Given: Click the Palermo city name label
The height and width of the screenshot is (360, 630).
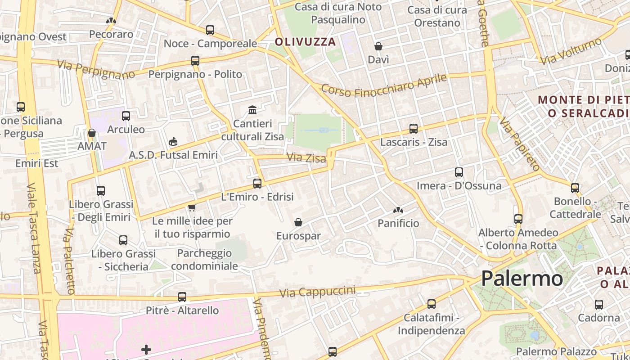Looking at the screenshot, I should [x=522, y=279].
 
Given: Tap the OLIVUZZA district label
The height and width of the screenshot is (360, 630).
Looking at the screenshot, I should [x=305, y=42].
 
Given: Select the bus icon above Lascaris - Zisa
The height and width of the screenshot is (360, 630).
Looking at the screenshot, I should [x=414, y=129].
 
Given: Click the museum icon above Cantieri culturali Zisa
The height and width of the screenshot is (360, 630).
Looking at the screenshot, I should [x=252, y=110].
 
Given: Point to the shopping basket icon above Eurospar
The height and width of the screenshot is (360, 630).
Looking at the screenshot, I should [x=298, y=222].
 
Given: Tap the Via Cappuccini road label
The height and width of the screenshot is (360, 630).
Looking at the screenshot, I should [x=317, y=292].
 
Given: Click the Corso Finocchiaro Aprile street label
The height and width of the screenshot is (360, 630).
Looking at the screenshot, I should [x=384, y=85].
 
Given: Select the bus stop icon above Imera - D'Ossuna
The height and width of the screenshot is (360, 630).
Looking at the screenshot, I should [x=459, y=172].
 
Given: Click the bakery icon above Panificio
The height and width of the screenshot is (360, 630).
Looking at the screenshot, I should [x=398, y=210].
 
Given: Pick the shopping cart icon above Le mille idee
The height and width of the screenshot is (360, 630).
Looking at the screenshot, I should [x=192, y=207].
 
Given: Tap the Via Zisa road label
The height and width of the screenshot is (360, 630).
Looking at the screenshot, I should [x=306, y=157].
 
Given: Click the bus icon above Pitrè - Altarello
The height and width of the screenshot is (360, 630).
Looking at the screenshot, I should [x=182, y=297].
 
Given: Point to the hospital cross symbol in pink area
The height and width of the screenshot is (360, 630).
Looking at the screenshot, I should [x=146, y=349].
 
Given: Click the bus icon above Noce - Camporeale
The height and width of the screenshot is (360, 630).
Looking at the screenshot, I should [x=210, y=30].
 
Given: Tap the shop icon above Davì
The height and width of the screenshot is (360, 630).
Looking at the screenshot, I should [x=378, y=46].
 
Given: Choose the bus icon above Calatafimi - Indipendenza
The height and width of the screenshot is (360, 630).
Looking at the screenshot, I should [x=432, y=304].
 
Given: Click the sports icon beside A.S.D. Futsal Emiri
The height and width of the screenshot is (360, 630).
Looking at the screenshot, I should [x=173, y=142].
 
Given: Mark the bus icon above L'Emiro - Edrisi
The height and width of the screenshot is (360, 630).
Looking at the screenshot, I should [x=257, y=184].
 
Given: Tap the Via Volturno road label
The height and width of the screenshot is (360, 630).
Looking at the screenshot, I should [x=571, y=51].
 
